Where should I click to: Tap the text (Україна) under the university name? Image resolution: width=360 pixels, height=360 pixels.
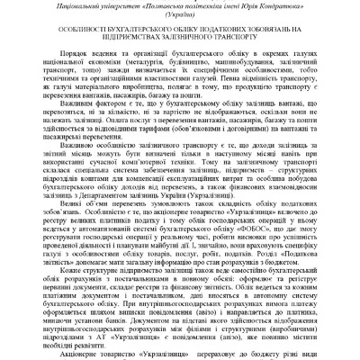click(180, 19)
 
